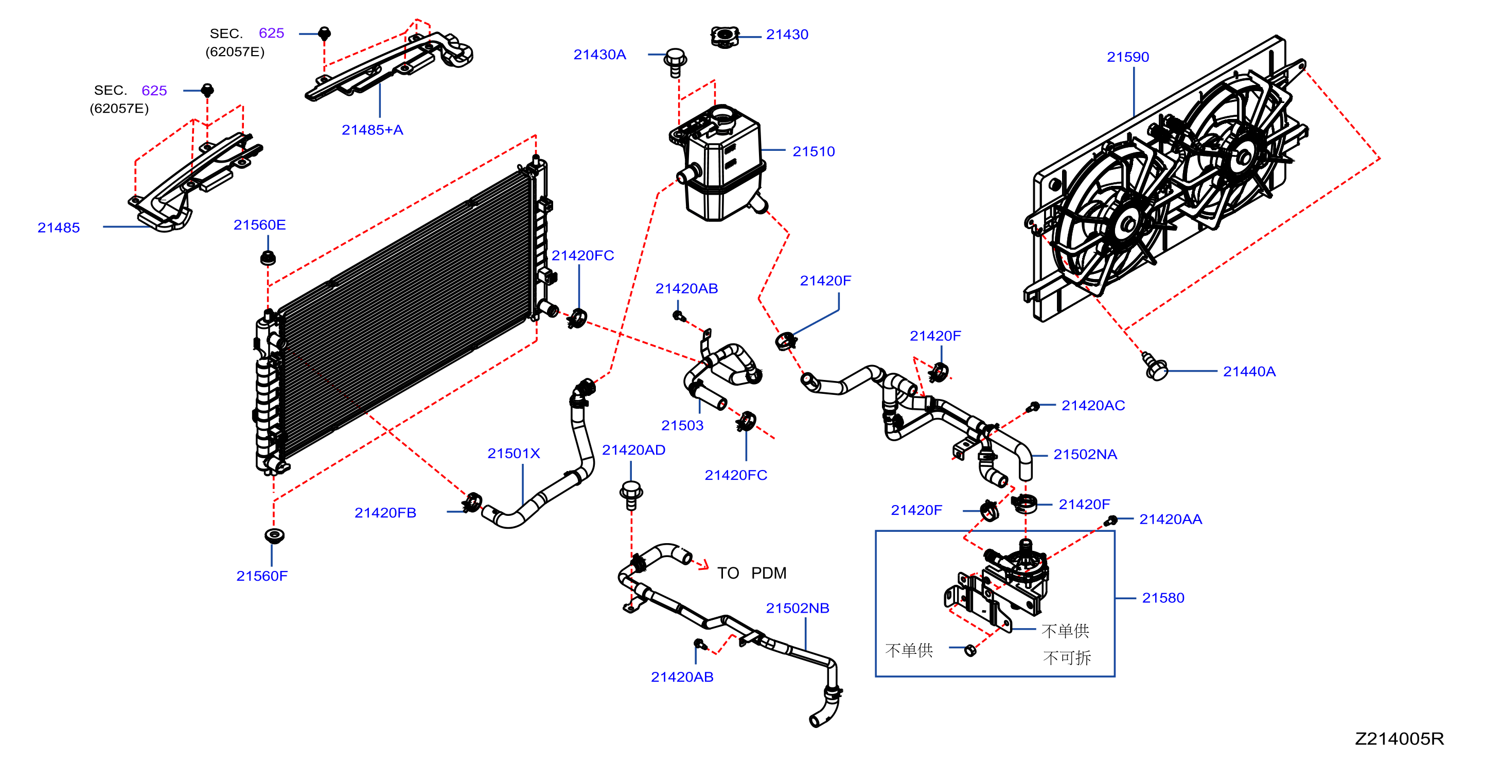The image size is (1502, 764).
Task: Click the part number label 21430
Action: pos(787,34)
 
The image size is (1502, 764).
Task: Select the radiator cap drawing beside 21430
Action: pos(725,37)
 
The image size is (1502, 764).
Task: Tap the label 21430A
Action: pos(599,54)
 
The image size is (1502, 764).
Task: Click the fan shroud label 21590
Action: pos(1128,57)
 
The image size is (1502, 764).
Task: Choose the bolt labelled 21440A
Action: pos(1155,366)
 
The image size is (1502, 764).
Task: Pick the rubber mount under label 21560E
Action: pos(268,257)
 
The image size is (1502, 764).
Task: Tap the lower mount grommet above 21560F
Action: pos(274,535)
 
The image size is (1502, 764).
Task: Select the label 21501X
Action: pos(514,453)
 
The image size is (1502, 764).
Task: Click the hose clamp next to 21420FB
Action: pos(472,501)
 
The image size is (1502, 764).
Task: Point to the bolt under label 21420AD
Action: pos(631,495)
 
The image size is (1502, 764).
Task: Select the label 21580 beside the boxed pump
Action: pos(1163,598)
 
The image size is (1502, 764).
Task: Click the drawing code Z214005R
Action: pos(1399,738)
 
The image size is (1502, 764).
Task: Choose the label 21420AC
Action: pos(1093,405)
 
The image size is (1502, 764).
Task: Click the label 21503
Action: pos(682,425)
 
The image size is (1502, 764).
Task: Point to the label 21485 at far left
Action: pos(58,228)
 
